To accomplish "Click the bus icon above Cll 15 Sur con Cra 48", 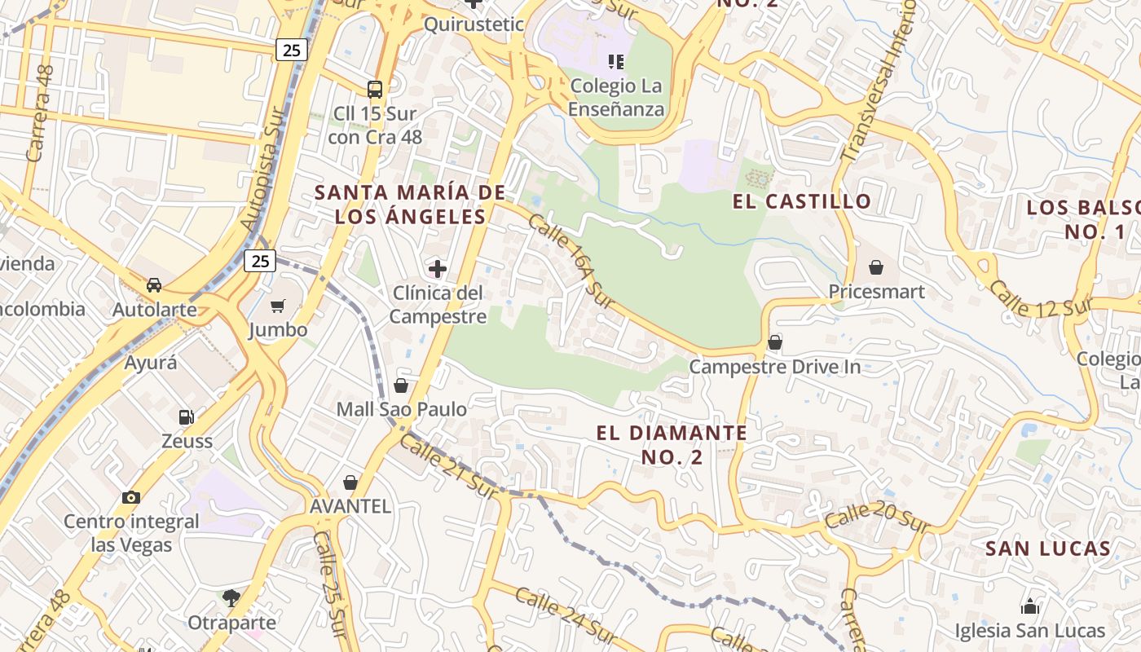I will pyautogui.click(x=375, y=89).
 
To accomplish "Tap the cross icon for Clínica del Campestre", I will pyautogui.click(x=438, y=268).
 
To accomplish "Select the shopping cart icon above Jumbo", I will pyautogui.click(x=278, y=306).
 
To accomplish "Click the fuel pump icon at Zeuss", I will pyautogui.click(x=187, y=417).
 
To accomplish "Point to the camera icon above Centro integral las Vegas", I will pyautogui.click(x=130, y=497).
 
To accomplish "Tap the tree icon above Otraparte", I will pyautogui.click(x=231, y=598).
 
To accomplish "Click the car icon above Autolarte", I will pyautogui.click(x=154, y=285).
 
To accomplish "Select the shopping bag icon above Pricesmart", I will pyautogui.click(x=876, y=267).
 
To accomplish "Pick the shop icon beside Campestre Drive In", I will pyautogui.click(x=774, y=342).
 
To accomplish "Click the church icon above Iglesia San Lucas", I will pyautogui.click(x=1030, y=606).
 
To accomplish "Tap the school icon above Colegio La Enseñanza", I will pyautogui.click(x=616, y=61).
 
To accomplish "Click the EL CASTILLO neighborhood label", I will pyautogui.click(x=802, y=201).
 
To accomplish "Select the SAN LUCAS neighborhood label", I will pyautogui.click(x=1047, y=548).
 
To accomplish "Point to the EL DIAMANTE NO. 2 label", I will pyautogui.click(x=671, y=445).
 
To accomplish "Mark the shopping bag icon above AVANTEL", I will pyautogui.click(x=350, y=482).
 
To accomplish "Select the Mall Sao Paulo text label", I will pyautogui.click(x=402, y=409).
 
